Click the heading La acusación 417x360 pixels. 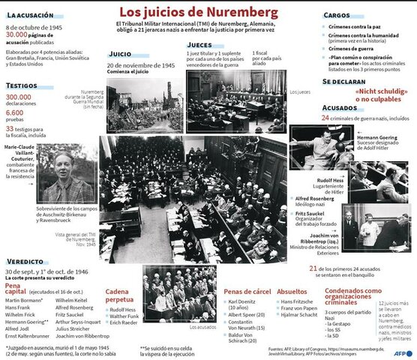31,14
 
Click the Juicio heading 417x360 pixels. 120,55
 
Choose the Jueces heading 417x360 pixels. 199,45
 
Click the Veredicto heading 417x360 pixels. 28,261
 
